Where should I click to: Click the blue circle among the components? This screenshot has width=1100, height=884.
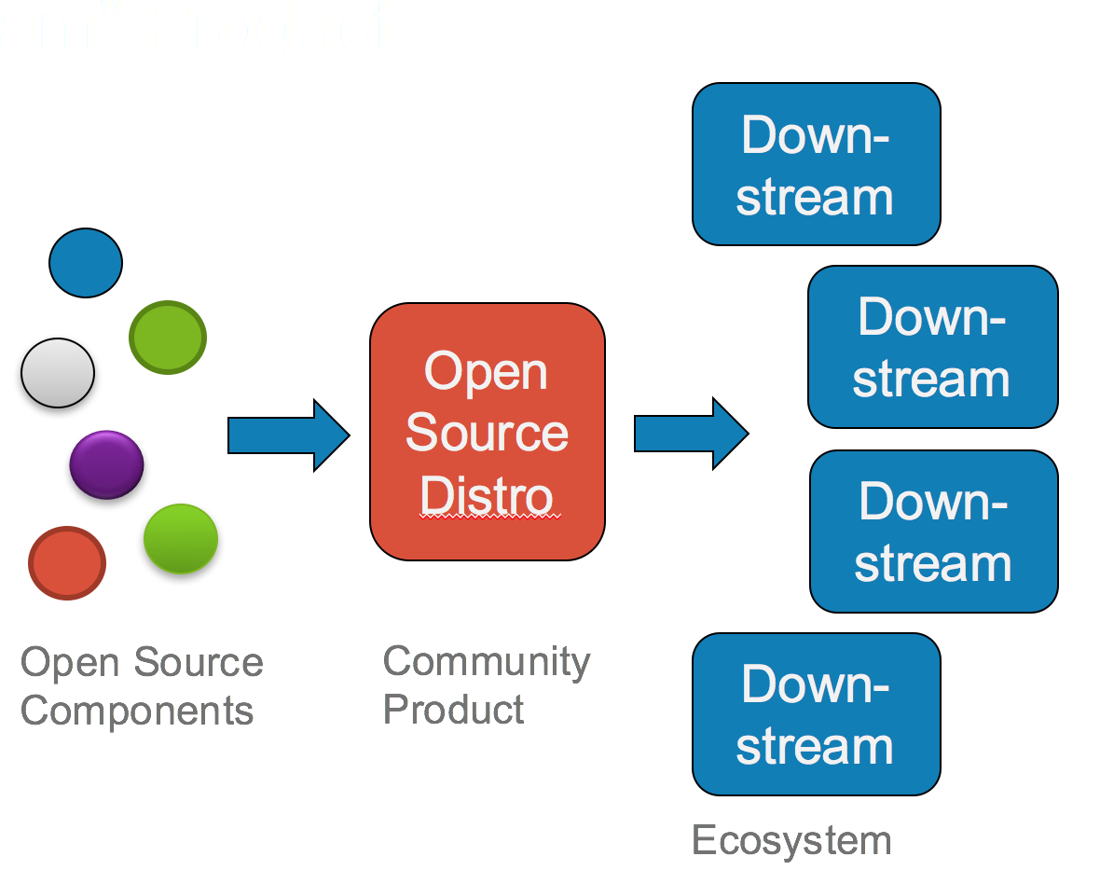tap(86, 263)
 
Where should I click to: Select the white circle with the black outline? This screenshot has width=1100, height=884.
tap(58, 373)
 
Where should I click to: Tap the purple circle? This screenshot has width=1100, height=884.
tap(107, 464)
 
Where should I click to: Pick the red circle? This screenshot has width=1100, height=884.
tap(67, 563)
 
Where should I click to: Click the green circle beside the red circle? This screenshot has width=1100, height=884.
tap(181, 538)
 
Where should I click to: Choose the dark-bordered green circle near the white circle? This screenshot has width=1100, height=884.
tap(168, 338)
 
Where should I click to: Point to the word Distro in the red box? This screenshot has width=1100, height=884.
tap(487, 495)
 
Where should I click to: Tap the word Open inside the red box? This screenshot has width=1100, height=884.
tap(487, 371)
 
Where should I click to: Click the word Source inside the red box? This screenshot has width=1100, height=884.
tap(487, 433)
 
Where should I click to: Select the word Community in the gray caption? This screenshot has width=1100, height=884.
tap(487, 662)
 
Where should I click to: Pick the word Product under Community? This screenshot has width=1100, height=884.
tap(454, 710)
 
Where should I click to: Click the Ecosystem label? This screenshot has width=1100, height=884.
tap(791, 840)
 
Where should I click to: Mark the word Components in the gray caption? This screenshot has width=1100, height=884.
tap(137, 711)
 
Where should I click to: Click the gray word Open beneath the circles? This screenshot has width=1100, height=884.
tap(71, 663)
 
